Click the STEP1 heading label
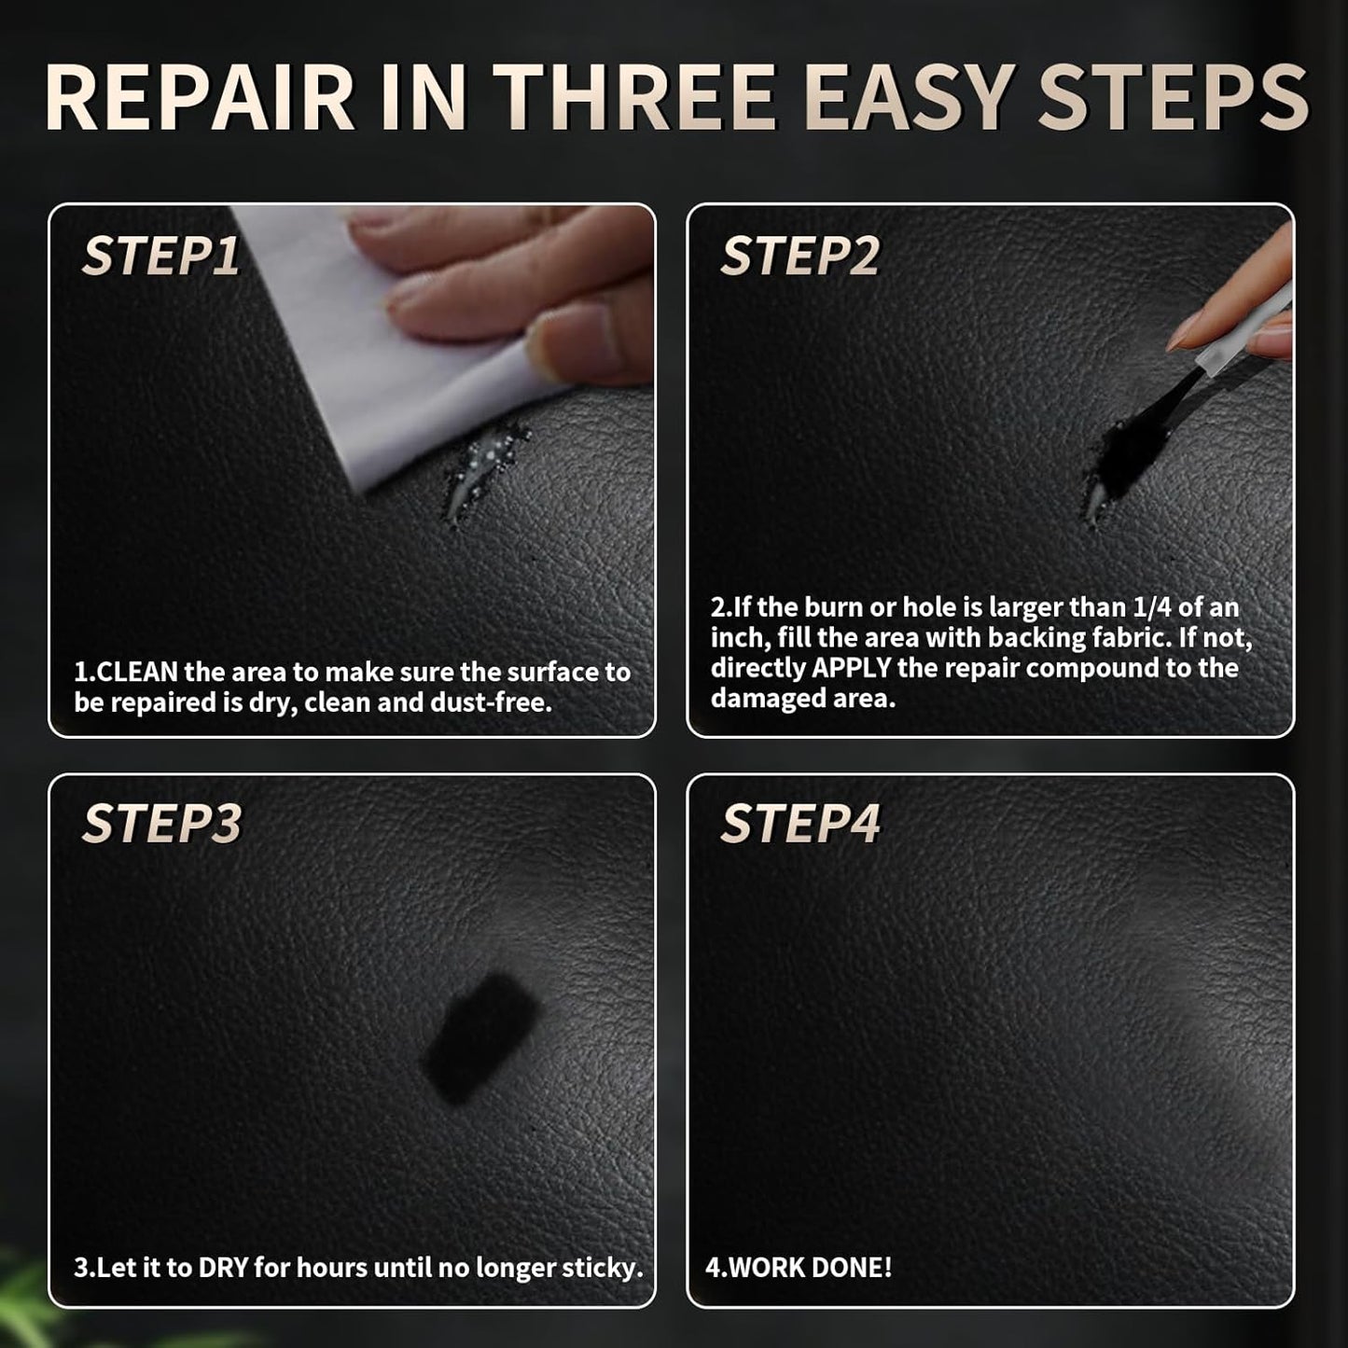pyautogui.click(x=160, y=256)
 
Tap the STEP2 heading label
pyautogui.click(x=799, y=256)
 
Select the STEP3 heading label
pyautogui.click(x=161, y=824)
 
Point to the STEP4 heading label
pyautogui.click(x=800, y=824)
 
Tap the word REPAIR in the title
pyautogui.click(x=199, y=97)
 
